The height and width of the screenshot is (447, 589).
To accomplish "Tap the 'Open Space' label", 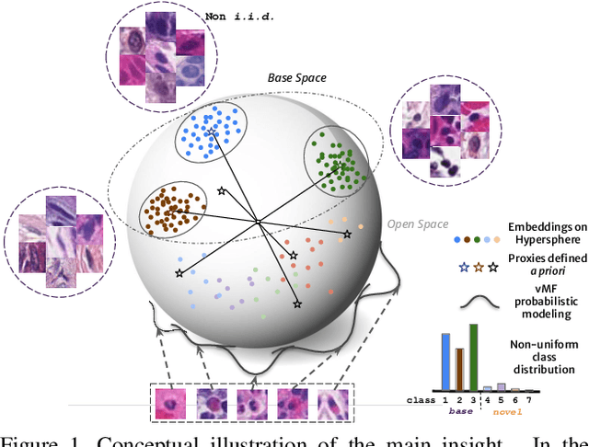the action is pos(418,223).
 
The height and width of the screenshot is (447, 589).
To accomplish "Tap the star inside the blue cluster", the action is pos(211,134).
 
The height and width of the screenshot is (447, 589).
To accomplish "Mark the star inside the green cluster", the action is pos(339,166).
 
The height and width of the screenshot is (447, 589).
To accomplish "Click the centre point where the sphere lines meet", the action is pos(259,222).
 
